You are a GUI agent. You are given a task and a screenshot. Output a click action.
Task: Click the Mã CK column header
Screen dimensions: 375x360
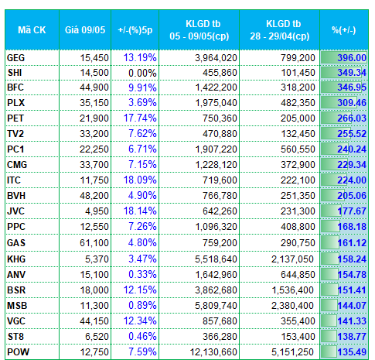click(32, 30)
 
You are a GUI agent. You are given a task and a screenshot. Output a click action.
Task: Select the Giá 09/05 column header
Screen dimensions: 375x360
click(85, 30)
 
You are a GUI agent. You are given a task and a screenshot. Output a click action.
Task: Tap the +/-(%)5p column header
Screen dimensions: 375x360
click(135, 30)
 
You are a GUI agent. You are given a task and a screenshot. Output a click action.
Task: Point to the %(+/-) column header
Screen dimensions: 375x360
click(344, 30)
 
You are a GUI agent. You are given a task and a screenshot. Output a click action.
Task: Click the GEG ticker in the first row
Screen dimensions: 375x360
click(15, 58)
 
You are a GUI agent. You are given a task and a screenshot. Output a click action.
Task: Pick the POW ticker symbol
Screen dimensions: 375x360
click(18, 352)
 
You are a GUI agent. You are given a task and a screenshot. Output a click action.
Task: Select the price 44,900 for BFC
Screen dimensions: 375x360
click(94, 87)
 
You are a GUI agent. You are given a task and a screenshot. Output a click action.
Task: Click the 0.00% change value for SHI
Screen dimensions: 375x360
click(142, 73)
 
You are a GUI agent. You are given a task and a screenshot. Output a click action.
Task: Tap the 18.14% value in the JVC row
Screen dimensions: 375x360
click(140, 211)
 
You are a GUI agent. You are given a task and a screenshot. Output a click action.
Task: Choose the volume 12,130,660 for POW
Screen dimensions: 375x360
click(213, 352)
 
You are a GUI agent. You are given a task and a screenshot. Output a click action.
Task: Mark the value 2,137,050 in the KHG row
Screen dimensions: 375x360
click(292, 259)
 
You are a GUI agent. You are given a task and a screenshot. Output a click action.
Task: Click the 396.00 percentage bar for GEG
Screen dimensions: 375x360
click(344, 57)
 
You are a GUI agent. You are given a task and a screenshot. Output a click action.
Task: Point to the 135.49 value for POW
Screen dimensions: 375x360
click(352, 352)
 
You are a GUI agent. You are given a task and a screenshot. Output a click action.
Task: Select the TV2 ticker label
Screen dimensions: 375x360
click(15, 134)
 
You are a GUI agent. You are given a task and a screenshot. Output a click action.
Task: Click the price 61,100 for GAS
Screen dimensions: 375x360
click(94, 243)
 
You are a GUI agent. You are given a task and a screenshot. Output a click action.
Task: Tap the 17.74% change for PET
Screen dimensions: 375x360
click(140, 118)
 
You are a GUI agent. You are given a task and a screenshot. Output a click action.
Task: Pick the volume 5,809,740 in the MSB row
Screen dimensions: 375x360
click(216, 306)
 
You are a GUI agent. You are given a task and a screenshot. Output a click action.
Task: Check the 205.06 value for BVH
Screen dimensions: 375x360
click(352, 196)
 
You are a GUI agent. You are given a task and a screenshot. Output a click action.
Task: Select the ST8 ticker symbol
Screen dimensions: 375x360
click(15, 337)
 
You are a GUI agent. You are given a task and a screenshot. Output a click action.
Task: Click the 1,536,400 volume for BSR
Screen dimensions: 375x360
click(292, 290)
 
